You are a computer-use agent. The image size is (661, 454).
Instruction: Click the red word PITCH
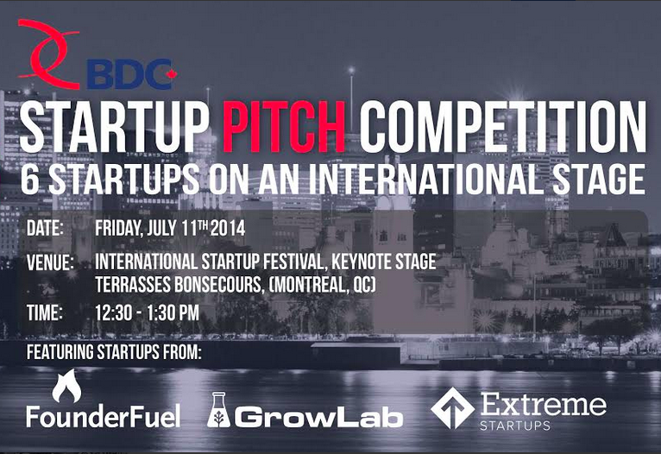coord(284,126)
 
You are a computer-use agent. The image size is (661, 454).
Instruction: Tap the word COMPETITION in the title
coord(503,126)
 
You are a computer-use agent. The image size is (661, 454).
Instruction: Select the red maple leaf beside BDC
coord(171,74)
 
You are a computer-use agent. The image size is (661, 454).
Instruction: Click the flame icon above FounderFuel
coord(66,386)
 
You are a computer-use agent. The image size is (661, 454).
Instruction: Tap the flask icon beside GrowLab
coord(218,410)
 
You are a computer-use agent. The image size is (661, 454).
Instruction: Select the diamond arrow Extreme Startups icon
coord(452,408)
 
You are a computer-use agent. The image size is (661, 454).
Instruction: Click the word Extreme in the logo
coord(544,404)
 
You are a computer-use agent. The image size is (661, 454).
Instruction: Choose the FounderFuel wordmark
coord(104,416)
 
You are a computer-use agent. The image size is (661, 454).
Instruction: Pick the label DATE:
coord(45,228)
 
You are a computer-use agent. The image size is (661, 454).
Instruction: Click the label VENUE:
coord(50,262)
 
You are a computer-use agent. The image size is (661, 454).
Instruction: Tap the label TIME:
coord(45,312)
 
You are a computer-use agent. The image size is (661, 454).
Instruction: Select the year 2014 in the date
coord(228,228)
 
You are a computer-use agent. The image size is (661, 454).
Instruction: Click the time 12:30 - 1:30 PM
coord(147,312)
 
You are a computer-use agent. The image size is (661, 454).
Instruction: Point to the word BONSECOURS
coord(218,285)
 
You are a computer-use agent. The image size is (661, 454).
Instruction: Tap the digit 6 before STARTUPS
coord(30,180)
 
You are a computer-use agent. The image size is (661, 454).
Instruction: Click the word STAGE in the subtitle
coord(600,180)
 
